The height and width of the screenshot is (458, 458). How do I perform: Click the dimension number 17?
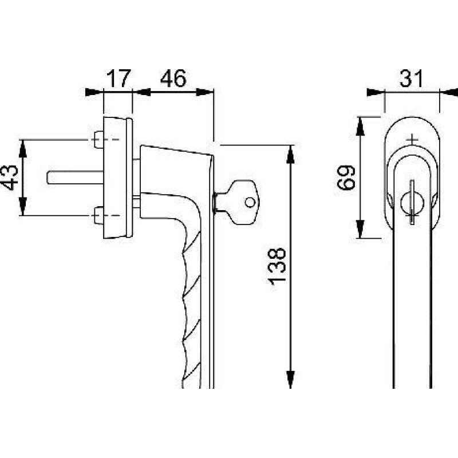(x=119, y=78)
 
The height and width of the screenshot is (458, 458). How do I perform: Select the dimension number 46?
(x=173, y=78)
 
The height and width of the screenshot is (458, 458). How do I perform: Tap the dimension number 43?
(x=9, y=177)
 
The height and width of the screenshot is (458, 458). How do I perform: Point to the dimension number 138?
(x=277, y=266)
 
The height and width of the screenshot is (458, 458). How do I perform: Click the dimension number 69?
(x=346, y=177)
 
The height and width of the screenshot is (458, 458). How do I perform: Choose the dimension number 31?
(x=412, y=78)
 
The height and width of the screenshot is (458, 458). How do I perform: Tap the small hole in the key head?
(x=250, y=203)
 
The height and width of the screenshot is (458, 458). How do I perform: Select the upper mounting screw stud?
(x=99, y=140)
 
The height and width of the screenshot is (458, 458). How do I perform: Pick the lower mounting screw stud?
(x=99, y=216)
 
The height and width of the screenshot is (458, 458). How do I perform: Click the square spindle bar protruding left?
(x=75, y=177)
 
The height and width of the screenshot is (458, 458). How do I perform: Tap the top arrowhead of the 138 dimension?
(x=290, y=155)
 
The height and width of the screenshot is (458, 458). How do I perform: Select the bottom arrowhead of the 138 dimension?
(x=290, y=378)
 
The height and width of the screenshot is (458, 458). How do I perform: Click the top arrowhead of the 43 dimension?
(x=23, y=149)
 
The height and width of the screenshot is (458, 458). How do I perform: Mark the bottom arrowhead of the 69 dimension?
(x=361, y=229)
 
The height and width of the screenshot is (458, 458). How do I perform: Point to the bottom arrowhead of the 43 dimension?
(x=23, y=206)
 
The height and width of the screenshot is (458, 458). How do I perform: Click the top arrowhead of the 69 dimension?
(x=361, y=126)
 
